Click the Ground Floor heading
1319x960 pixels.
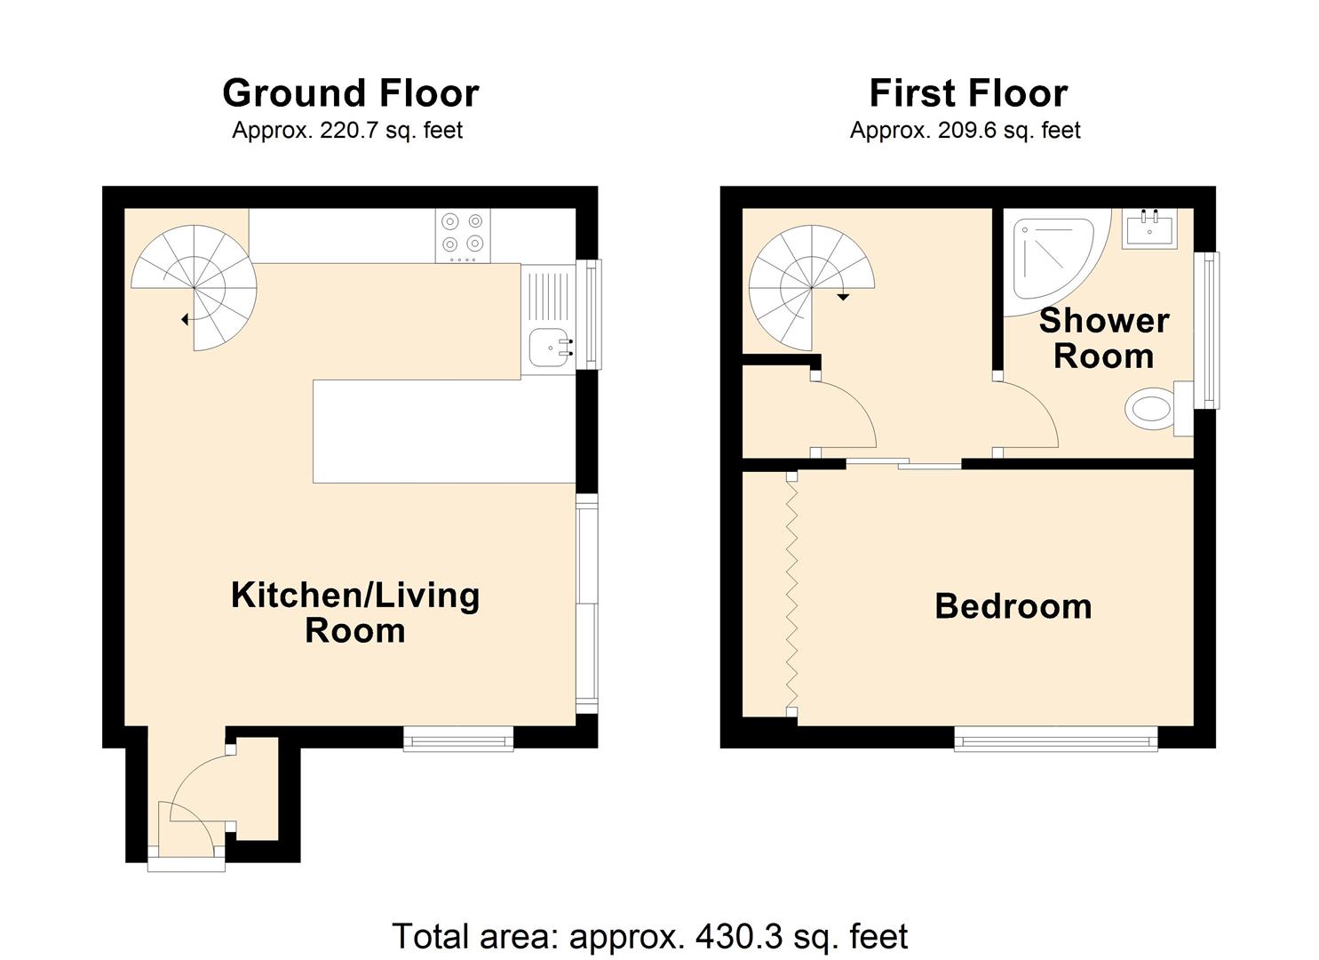[x=351, y=93]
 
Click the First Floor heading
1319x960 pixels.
[x=969, y=93]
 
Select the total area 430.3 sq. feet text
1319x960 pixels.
[x=650, y=936]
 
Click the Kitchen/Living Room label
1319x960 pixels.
[x=355, y=613]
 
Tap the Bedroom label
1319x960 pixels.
[x=1013, y=606]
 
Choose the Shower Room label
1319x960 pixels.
[x=1104, y=338]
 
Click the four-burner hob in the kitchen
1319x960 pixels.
[x=463, y=236]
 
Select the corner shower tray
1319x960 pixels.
[x=1056, y=261]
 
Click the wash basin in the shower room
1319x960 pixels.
[x=1148, y=228]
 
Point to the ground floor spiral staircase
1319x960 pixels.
[x=195, y=288]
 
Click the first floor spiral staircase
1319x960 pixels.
[x=812, y=288]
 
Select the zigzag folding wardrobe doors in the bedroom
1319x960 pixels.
[x=792, y=596]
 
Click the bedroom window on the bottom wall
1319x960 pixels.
[x=1056, y=739]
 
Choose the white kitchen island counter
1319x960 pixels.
[x=445, y=431]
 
